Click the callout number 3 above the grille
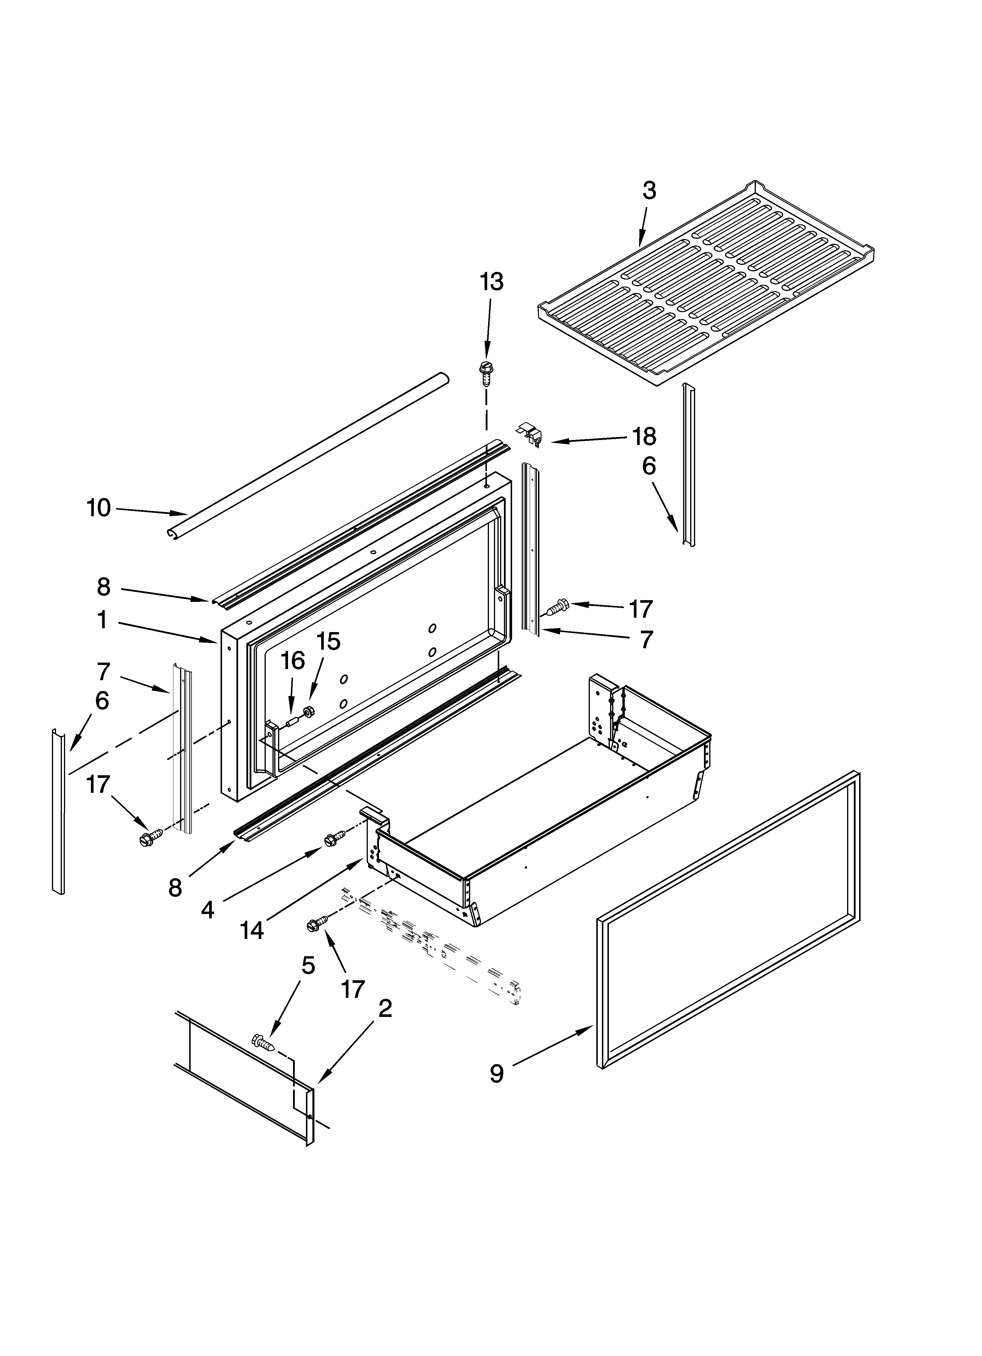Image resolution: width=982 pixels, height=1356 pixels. (649, 191)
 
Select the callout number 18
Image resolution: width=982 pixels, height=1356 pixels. (644, 437)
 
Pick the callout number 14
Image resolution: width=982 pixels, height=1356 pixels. (252, 930)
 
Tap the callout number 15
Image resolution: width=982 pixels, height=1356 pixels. (328, 641)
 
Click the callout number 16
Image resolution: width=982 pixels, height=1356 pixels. (293, 661)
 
